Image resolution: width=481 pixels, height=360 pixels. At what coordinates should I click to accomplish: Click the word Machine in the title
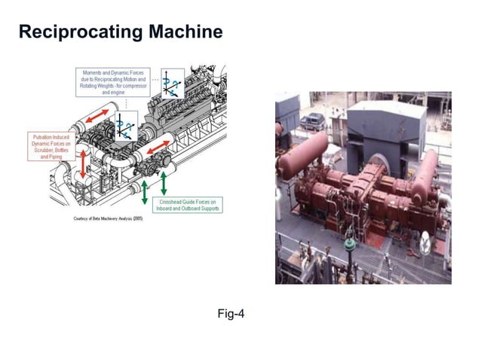pyautogui.click(x=185, y=32)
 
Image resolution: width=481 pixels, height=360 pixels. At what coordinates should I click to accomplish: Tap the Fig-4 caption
pyautogui.click(x=230, y=313)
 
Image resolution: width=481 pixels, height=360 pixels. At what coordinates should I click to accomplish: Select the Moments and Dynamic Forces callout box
pyautogui.click(x=115, y=82)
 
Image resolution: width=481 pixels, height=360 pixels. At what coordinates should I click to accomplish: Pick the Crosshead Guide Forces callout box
pyautogui.click(x=190, y=204)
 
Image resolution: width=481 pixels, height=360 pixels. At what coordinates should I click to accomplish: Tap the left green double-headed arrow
pyautogui.click(x=145, y=192)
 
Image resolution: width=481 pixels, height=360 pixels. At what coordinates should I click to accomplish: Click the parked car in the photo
pyautogui.click(x=313, y=121)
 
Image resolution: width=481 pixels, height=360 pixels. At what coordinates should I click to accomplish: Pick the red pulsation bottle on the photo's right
pyautogui.click(x=427, y=173)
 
